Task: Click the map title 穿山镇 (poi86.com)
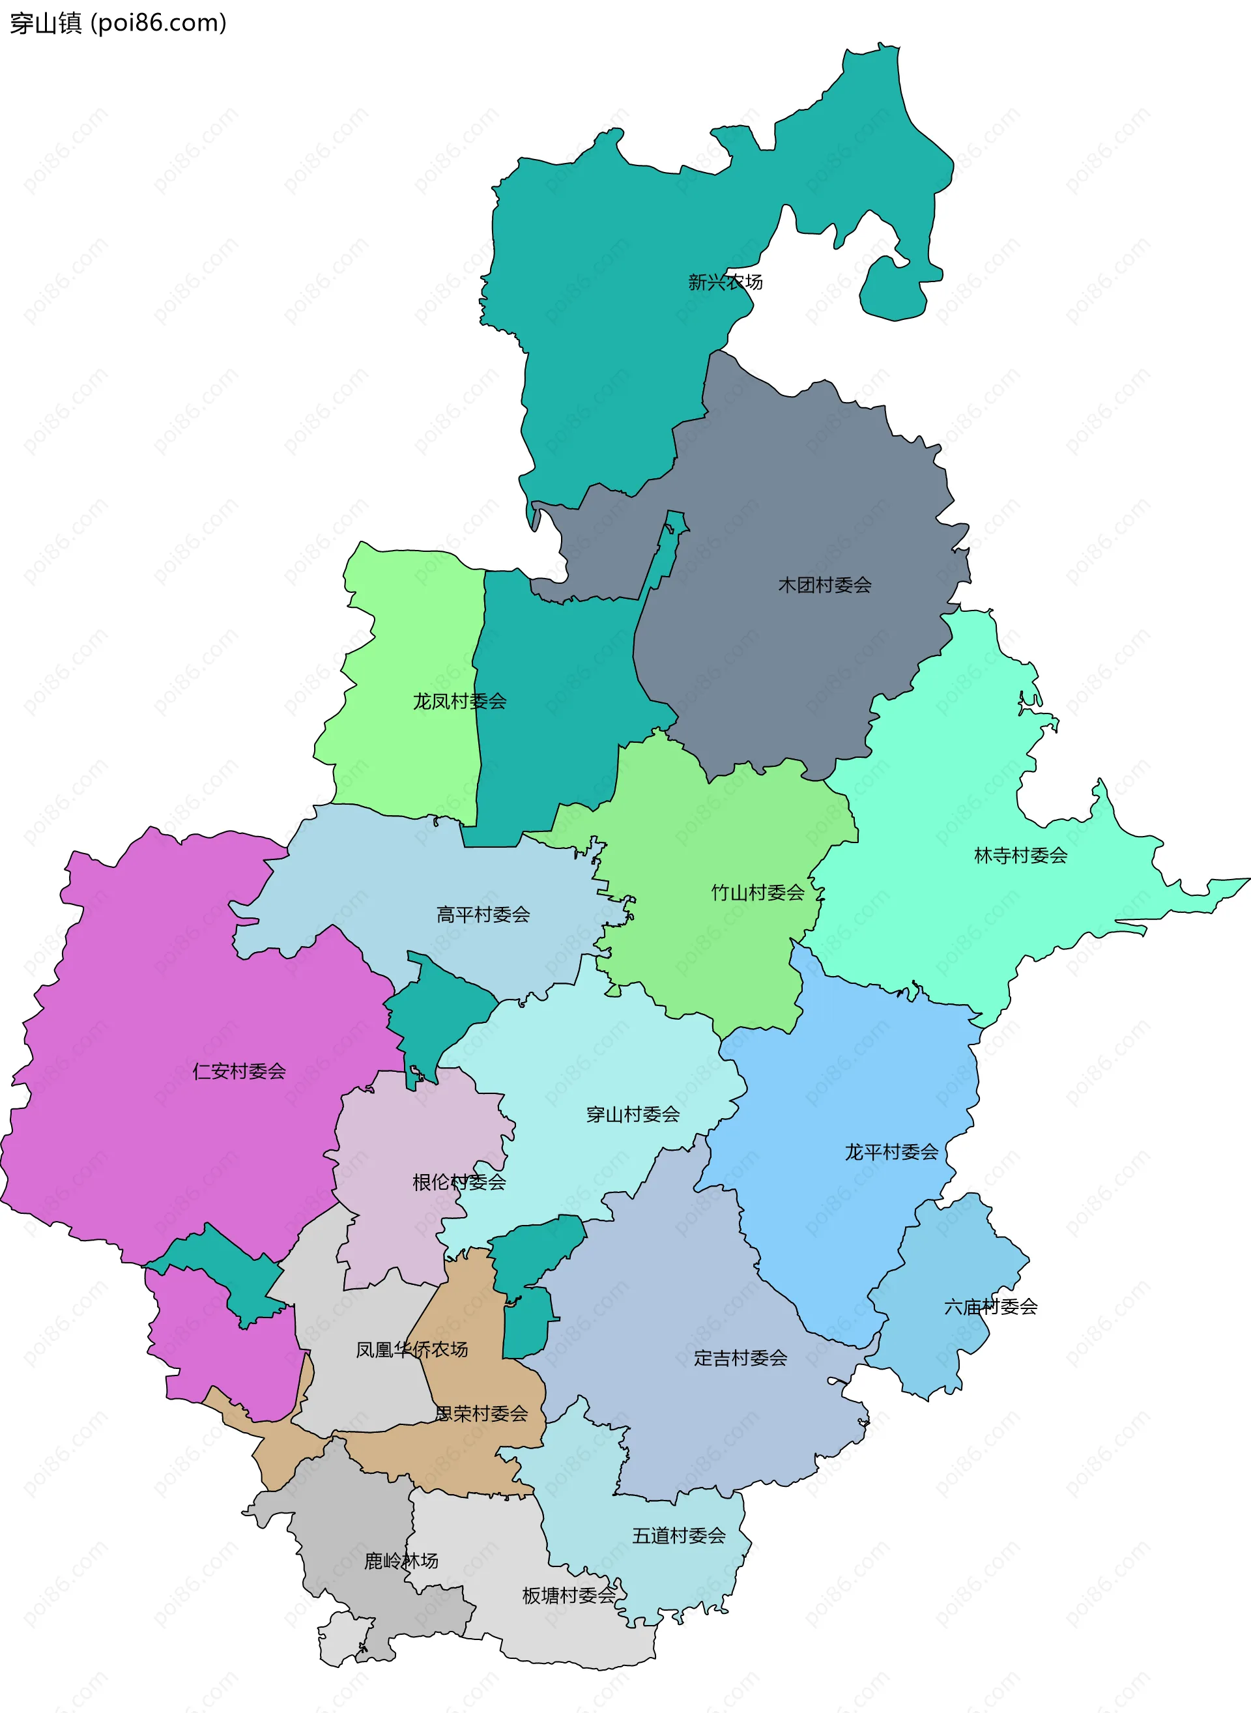pos(118,23)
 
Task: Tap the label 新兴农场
pos(725,283)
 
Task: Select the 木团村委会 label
pos(825,584)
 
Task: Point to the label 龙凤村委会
pos(459,701)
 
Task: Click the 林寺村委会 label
pos(1020,856)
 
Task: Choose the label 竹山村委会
pos(757,893)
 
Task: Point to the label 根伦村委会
pos(459,1182)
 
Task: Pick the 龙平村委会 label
pos(891,1153)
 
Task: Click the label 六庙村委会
pos(990,1306)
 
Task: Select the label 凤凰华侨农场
pos(411,1349)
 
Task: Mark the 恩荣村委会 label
pos(481,1413)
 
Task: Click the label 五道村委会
pos(678,1536)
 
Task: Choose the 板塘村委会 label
pos(569,1596)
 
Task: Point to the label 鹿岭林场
pos(401,1561)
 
